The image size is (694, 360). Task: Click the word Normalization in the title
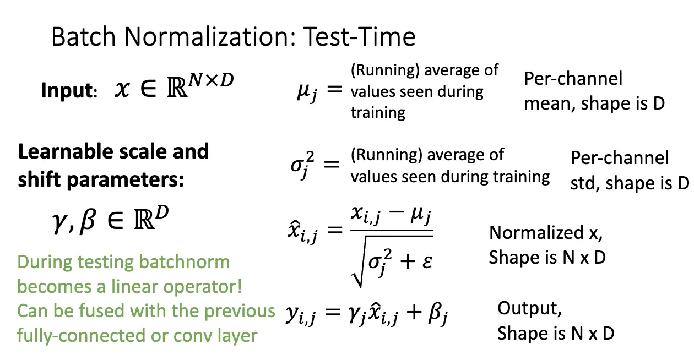[210, 36]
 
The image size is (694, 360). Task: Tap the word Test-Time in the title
[360, 36]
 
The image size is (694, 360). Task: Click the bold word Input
[69, 91]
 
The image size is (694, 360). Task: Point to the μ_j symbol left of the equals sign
[307, 92]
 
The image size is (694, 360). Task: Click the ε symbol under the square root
[427, 262]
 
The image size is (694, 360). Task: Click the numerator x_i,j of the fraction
[366, 215]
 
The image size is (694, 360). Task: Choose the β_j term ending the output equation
[438, 313]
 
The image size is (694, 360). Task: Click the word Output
[529, 309]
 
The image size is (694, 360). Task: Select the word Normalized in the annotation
[536, 232]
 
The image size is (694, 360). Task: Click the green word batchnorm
[185, 262]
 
